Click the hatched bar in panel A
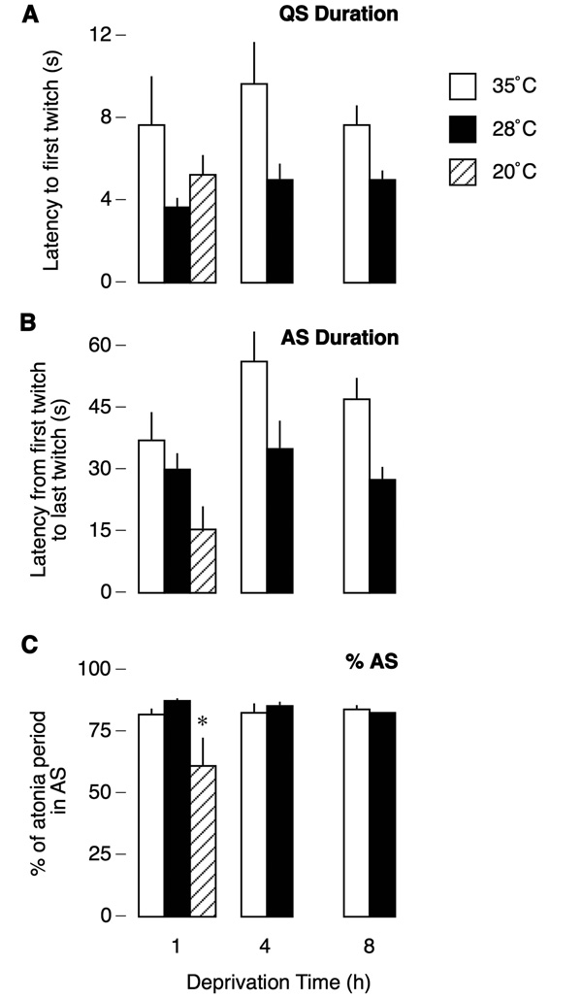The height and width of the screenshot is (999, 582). coord(203,228)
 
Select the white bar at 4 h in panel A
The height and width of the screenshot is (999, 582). coord(254,183)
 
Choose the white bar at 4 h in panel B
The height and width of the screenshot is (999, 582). coord(254,476)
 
